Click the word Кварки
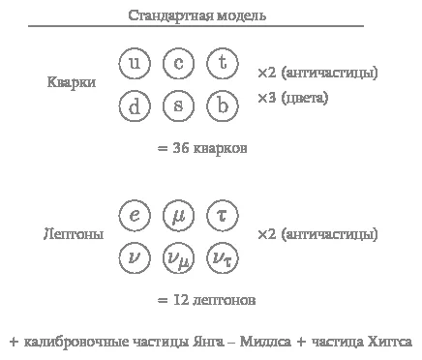coord(72,82)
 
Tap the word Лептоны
coord(74,234)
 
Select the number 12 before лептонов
coord(181,300)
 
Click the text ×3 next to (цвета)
coord(267,98)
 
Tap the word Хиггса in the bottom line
coord(390,342)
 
